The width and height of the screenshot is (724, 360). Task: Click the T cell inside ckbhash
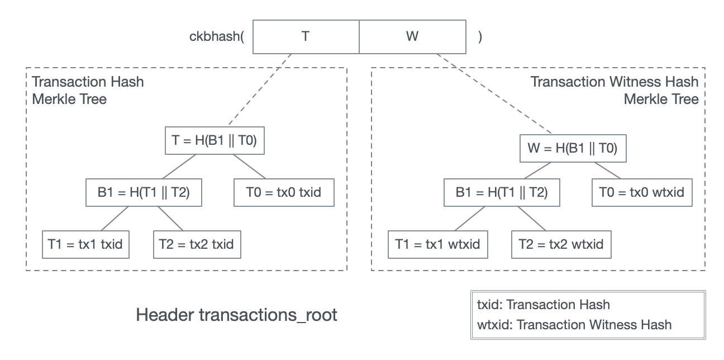[x=306, y=37]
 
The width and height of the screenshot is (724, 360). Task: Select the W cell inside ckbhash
[x=413, y=37]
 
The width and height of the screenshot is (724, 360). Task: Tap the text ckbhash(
[x=217, y=36]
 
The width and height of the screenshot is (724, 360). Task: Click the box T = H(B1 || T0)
[x=215, y=140]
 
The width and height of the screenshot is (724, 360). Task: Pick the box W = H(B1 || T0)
[x=573, y=148]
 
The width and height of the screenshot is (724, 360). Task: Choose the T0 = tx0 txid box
[x=284, y=192]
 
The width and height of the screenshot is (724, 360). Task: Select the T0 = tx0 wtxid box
[x=642, y=192]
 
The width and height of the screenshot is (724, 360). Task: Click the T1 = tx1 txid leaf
[x=85, y=244]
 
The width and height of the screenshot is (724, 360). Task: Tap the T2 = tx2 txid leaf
[x=197, y=244]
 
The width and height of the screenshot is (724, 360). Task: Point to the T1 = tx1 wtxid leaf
[x=437, y=244]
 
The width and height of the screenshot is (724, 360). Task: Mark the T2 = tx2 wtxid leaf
[x=561, y=244]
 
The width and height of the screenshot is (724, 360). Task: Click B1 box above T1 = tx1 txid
[x=144, y=192]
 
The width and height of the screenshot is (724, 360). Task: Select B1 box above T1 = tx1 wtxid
[x=502, y=192]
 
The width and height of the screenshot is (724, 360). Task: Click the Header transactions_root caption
[x=237, y=315]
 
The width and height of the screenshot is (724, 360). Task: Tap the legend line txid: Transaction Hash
[x=544, y=305]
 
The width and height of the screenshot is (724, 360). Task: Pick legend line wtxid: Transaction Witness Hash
[x=574, y=325]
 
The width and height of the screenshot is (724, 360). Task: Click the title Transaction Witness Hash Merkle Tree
[x=615, y=91]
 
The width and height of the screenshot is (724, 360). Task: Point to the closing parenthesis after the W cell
[x=480, y=37]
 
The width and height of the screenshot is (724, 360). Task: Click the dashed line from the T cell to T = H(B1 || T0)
[x=260, y=89]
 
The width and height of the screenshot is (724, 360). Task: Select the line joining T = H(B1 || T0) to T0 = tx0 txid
[x=249, y=167]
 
